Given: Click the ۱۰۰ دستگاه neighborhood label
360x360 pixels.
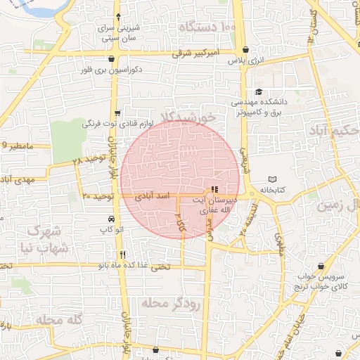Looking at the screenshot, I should (x=207, y=27).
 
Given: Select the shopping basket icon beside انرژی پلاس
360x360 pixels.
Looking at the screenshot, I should (x=245, y=50).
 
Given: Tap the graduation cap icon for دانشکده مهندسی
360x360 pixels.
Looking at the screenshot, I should (x=258, y=91).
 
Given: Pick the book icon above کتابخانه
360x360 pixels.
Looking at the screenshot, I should (x=274, y=179).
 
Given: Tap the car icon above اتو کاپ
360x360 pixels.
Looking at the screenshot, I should (x=112, y=218).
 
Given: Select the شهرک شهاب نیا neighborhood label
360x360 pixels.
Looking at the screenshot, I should (x=48, y=240).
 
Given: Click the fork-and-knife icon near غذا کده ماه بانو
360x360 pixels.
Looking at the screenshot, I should (x=123, y=255).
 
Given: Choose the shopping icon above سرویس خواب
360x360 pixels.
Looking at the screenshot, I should (x=322, y=266).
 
